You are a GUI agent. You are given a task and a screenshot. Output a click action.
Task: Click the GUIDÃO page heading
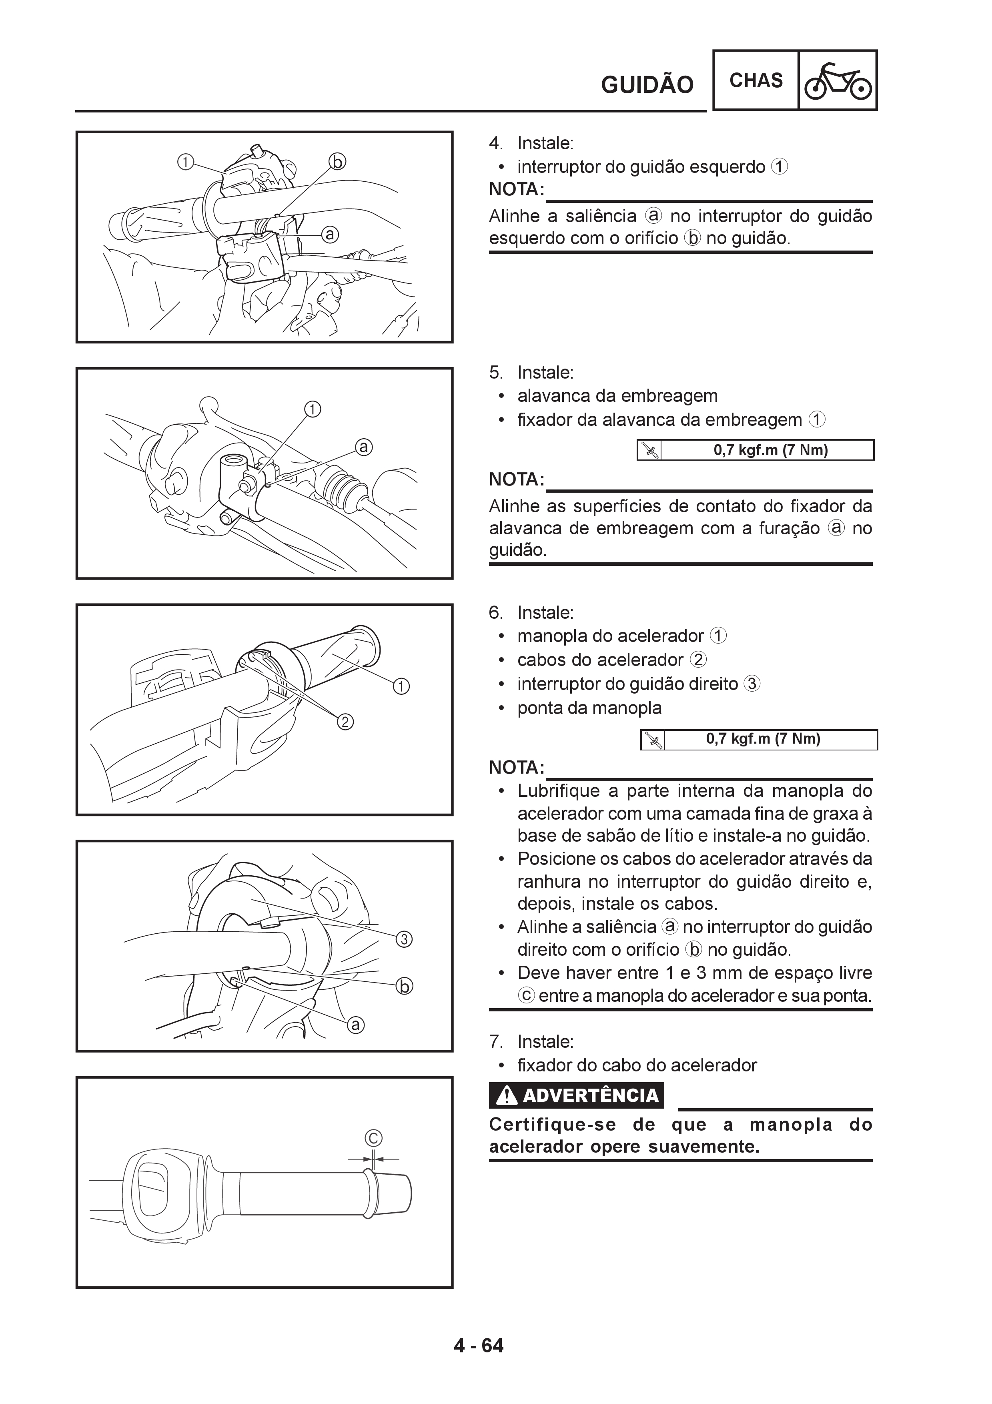(x=647, y=84)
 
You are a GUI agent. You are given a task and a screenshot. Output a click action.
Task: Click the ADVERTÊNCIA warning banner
(x=576, y=1095)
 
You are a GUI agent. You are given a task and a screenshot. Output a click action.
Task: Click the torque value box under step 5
(x=756, y=450)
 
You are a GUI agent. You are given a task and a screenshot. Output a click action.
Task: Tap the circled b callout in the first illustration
(x=337, y=161)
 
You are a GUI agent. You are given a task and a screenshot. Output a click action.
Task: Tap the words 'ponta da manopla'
(x=589, y=708)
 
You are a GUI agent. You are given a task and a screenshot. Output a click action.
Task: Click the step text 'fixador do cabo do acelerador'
(x=637, y=1065)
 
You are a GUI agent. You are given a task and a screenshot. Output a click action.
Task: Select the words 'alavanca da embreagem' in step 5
(x=617, y=396)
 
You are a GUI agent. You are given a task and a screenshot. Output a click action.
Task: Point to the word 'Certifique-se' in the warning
(x=553, y=1125)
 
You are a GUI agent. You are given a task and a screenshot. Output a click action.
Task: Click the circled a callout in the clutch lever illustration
(x=364, y=447)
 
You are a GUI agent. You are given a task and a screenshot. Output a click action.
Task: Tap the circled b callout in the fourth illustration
(x=404, y=986)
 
